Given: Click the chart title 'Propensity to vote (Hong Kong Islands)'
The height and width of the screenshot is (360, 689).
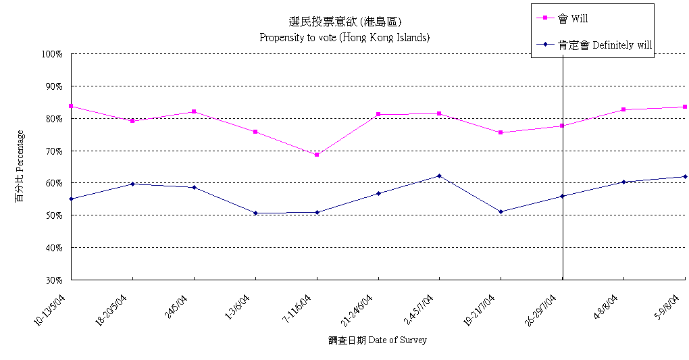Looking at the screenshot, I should [x=344, y=37].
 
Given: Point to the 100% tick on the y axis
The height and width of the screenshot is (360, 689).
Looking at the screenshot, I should [x=53, y=54].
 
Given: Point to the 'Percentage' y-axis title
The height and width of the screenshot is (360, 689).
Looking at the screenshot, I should [x=20, y=166].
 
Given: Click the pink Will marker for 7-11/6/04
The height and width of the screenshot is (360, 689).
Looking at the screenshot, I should [x=317, y=155].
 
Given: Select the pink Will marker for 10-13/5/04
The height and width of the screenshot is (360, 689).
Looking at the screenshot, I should [x=71, y=106].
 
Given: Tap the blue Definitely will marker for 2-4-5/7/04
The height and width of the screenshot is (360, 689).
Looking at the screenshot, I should [x=440, y=176].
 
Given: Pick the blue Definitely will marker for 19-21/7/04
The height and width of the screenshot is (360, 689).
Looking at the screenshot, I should [x=501, y=211].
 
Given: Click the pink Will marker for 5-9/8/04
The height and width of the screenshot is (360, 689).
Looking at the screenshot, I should [x=685, y=107].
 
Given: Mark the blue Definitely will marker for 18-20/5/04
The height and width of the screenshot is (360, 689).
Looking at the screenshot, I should [x=132, y=184].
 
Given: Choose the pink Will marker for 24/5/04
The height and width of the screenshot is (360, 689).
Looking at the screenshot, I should [x=194, y=111].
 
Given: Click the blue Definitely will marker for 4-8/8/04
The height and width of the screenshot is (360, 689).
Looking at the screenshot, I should [x=623, y=182].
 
